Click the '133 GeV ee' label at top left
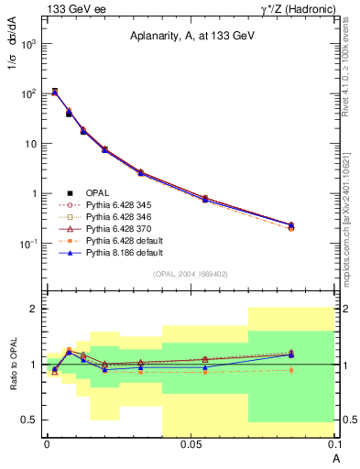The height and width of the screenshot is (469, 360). [71, 9]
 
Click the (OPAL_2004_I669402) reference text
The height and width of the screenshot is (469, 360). [191, 273]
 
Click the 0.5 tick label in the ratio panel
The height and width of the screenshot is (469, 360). [27, 420]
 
